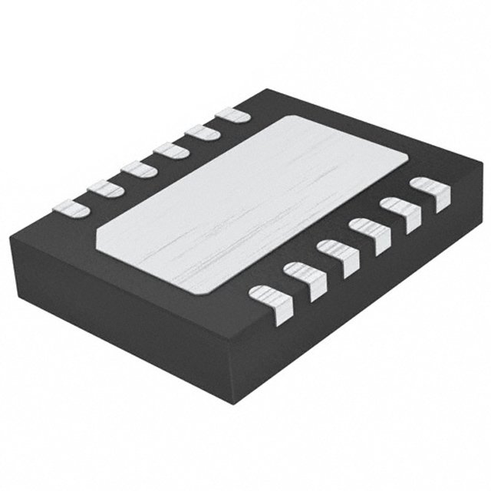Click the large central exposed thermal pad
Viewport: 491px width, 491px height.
point(253,203)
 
